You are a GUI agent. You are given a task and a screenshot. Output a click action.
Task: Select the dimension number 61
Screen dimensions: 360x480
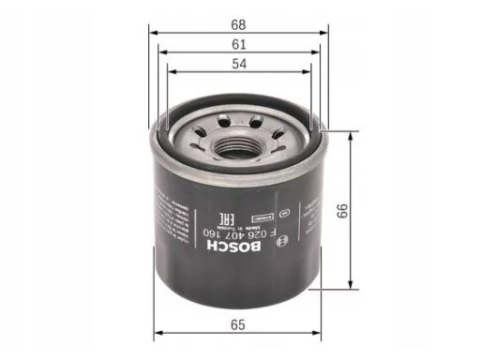pos(241,43)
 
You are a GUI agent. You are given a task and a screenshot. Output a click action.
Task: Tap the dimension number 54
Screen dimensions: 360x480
pos(241,64)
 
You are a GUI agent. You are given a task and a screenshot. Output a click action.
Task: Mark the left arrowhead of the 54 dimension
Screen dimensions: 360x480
pos(171,72)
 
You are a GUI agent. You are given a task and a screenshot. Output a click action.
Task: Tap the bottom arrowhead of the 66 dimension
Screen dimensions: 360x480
pos(351,285)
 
